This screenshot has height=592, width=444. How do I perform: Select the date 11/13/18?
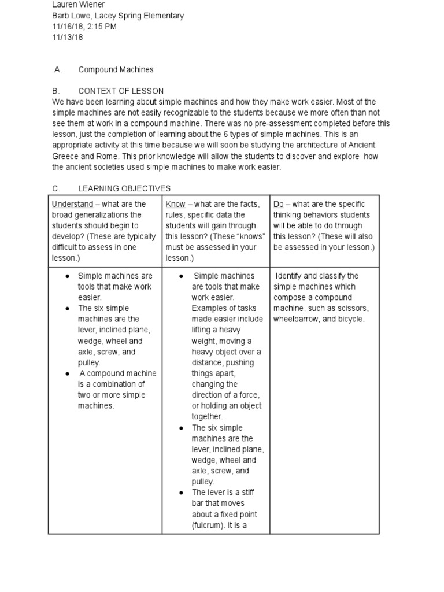pyautogui.click(x=68, y=38)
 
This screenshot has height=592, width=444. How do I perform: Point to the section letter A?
pyautogui.click(x=57, y=69)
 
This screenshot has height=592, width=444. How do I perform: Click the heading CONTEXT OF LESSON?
pyautogui.click(x=121, y=91)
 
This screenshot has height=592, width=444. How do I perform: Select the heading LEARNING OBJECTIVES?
pyautogui.click(x=124, y=188)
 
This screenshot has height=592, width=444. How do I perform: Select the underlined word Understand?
pyautogui.click(x=72, y=204)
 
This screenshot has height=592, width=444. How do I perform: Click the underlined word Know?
pyautogui.click(x=176, y=204)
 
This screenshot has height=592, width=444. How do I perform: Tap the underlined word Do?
pyautogui.click(x=279, y=204)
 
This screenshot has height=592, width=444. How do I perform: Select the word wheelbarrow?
pyautogui.click(x=295, y=319)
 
